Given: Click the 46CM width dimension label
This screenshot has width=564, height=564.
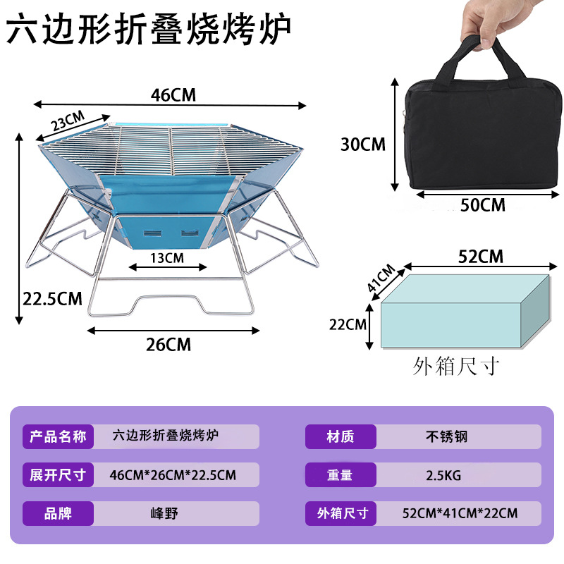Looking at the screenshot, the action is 173,95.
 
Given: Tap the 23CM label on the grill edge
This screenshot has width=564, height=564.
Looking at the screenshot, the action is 67,121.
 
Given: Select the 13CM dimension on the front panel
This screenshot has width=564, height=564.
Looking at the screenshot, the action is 167,258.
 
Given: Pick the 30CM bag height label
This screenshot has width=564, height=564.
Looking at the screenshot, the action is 363,145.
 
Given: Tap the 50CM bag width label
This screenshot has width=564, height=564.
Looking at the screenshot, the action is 483,205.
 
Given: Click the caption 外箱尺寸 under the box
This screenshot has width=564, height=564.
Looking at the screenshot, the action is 456,367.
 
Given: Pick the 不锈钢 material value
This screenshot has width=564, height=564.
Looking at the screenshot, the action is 446,437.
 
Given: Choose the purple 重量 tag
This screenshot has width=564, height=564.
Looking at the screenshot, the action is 341,475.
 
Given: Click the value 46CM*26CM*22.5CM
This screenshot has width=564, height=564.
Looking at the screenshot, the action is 173,475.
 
